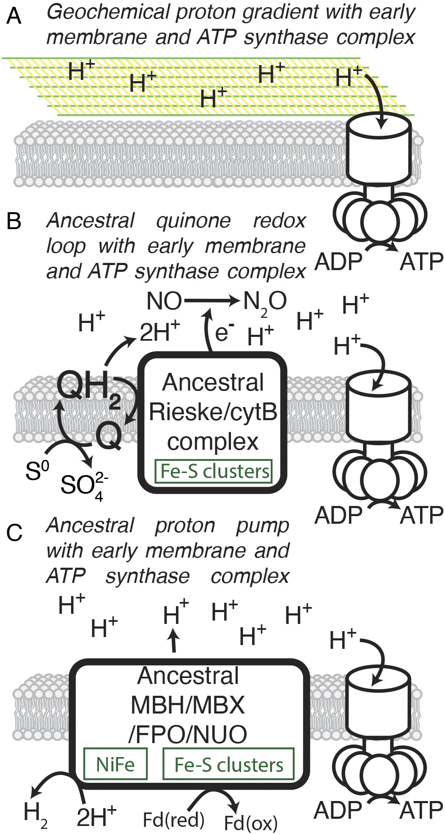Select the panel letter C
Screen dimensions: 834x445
coord(14,533)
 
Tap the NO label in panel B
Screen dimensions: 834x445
coord(164,302)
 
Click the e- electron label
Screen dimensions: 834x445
coord(225,333)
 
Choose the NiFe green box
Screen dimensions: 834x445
coord(115,764)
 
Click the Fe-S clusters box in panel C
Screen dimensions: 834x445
coord(228,764)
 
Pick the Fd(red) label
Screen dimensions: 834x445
coord(173,820)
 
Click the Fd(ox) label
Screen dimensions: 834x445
coord(250,823)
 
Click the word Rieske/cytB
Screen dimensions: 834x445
coord(213,412)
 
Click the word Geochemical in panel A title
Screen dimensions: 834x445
coord(107,13)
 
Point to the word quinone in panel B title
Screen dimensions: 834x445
coord(193,221)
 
